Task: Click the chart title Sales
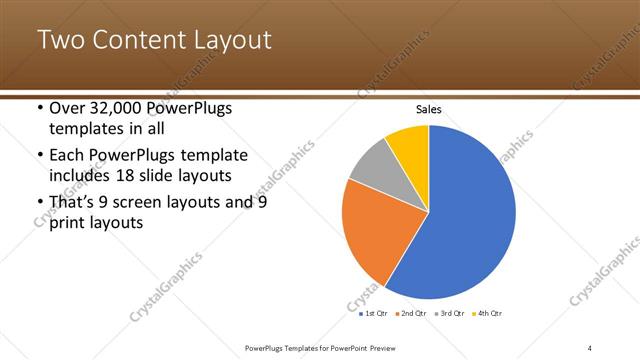click(x=428, y=109)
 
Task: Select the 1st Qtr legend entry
click(x=377, y=313)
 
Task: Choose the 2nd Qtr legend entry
click(x=415, y=313)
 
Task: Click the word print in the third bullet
click(x=69, y=224)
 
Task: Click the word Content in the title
click(x=140, y=41)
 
